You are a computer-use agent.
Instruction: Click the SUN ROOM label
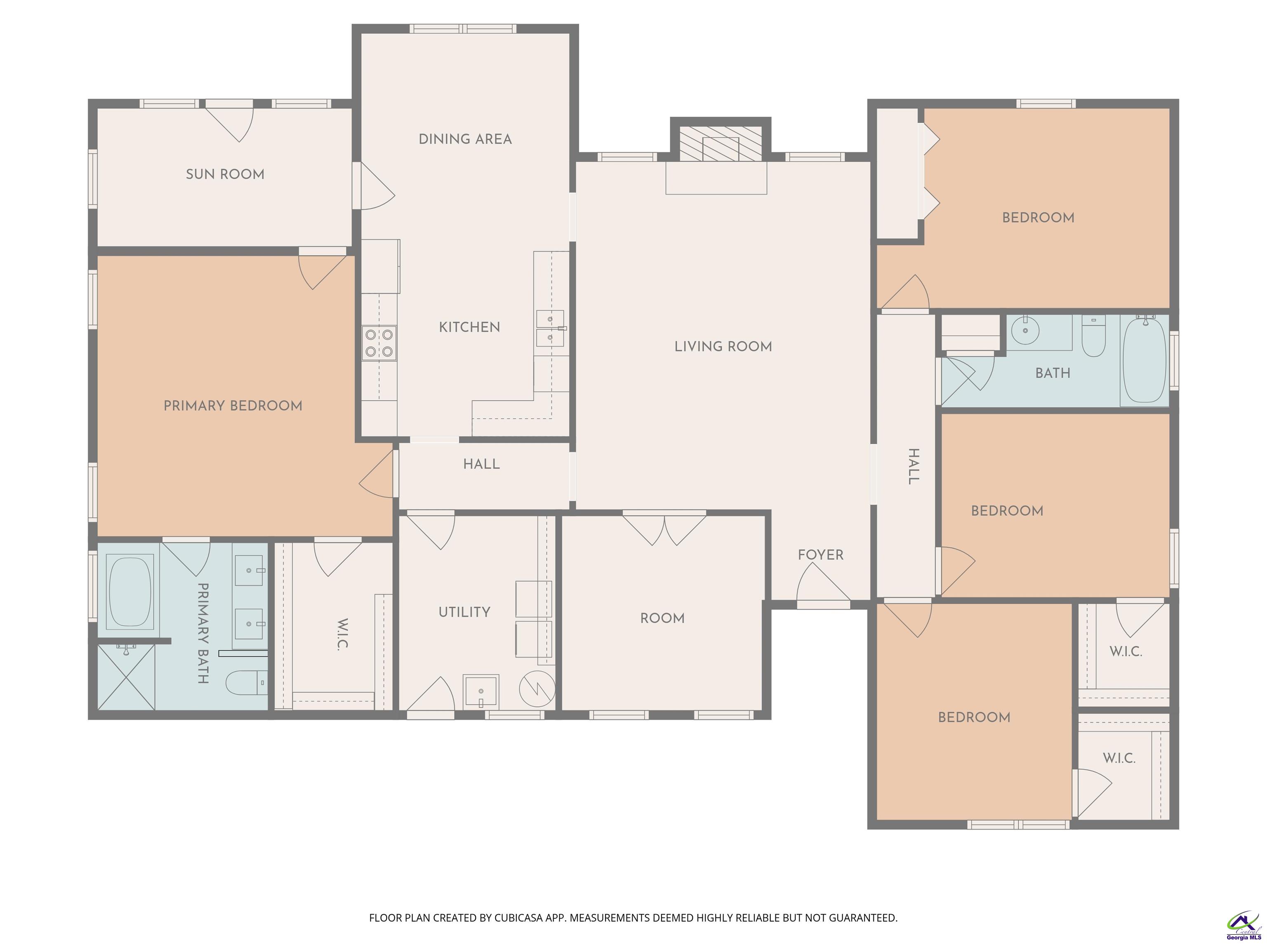(225, 174)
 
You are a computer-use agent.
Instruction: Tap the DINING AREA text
(465, 139)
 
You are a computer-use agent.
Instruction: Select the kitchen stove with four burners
(379, 342)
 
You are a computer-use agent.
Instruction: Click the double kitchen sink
(550, 328)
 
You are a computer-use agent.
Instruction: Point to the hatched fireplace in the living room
(721, 143)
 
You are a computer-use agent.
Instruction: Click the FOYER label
(820, 555)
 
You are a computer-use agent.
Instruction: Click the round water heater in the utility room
(537, 688)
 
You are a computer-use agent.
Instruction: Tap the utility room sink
(480, 691)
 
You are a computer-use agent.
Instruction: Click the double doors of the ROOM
(664, 530)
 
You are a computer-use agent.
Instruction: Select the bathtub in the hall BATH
(1144, 360)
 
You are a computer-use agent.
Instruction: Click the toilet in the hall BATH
(1093, 337)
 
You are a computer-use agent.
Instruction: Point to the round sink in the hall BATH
(1025, 330)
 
